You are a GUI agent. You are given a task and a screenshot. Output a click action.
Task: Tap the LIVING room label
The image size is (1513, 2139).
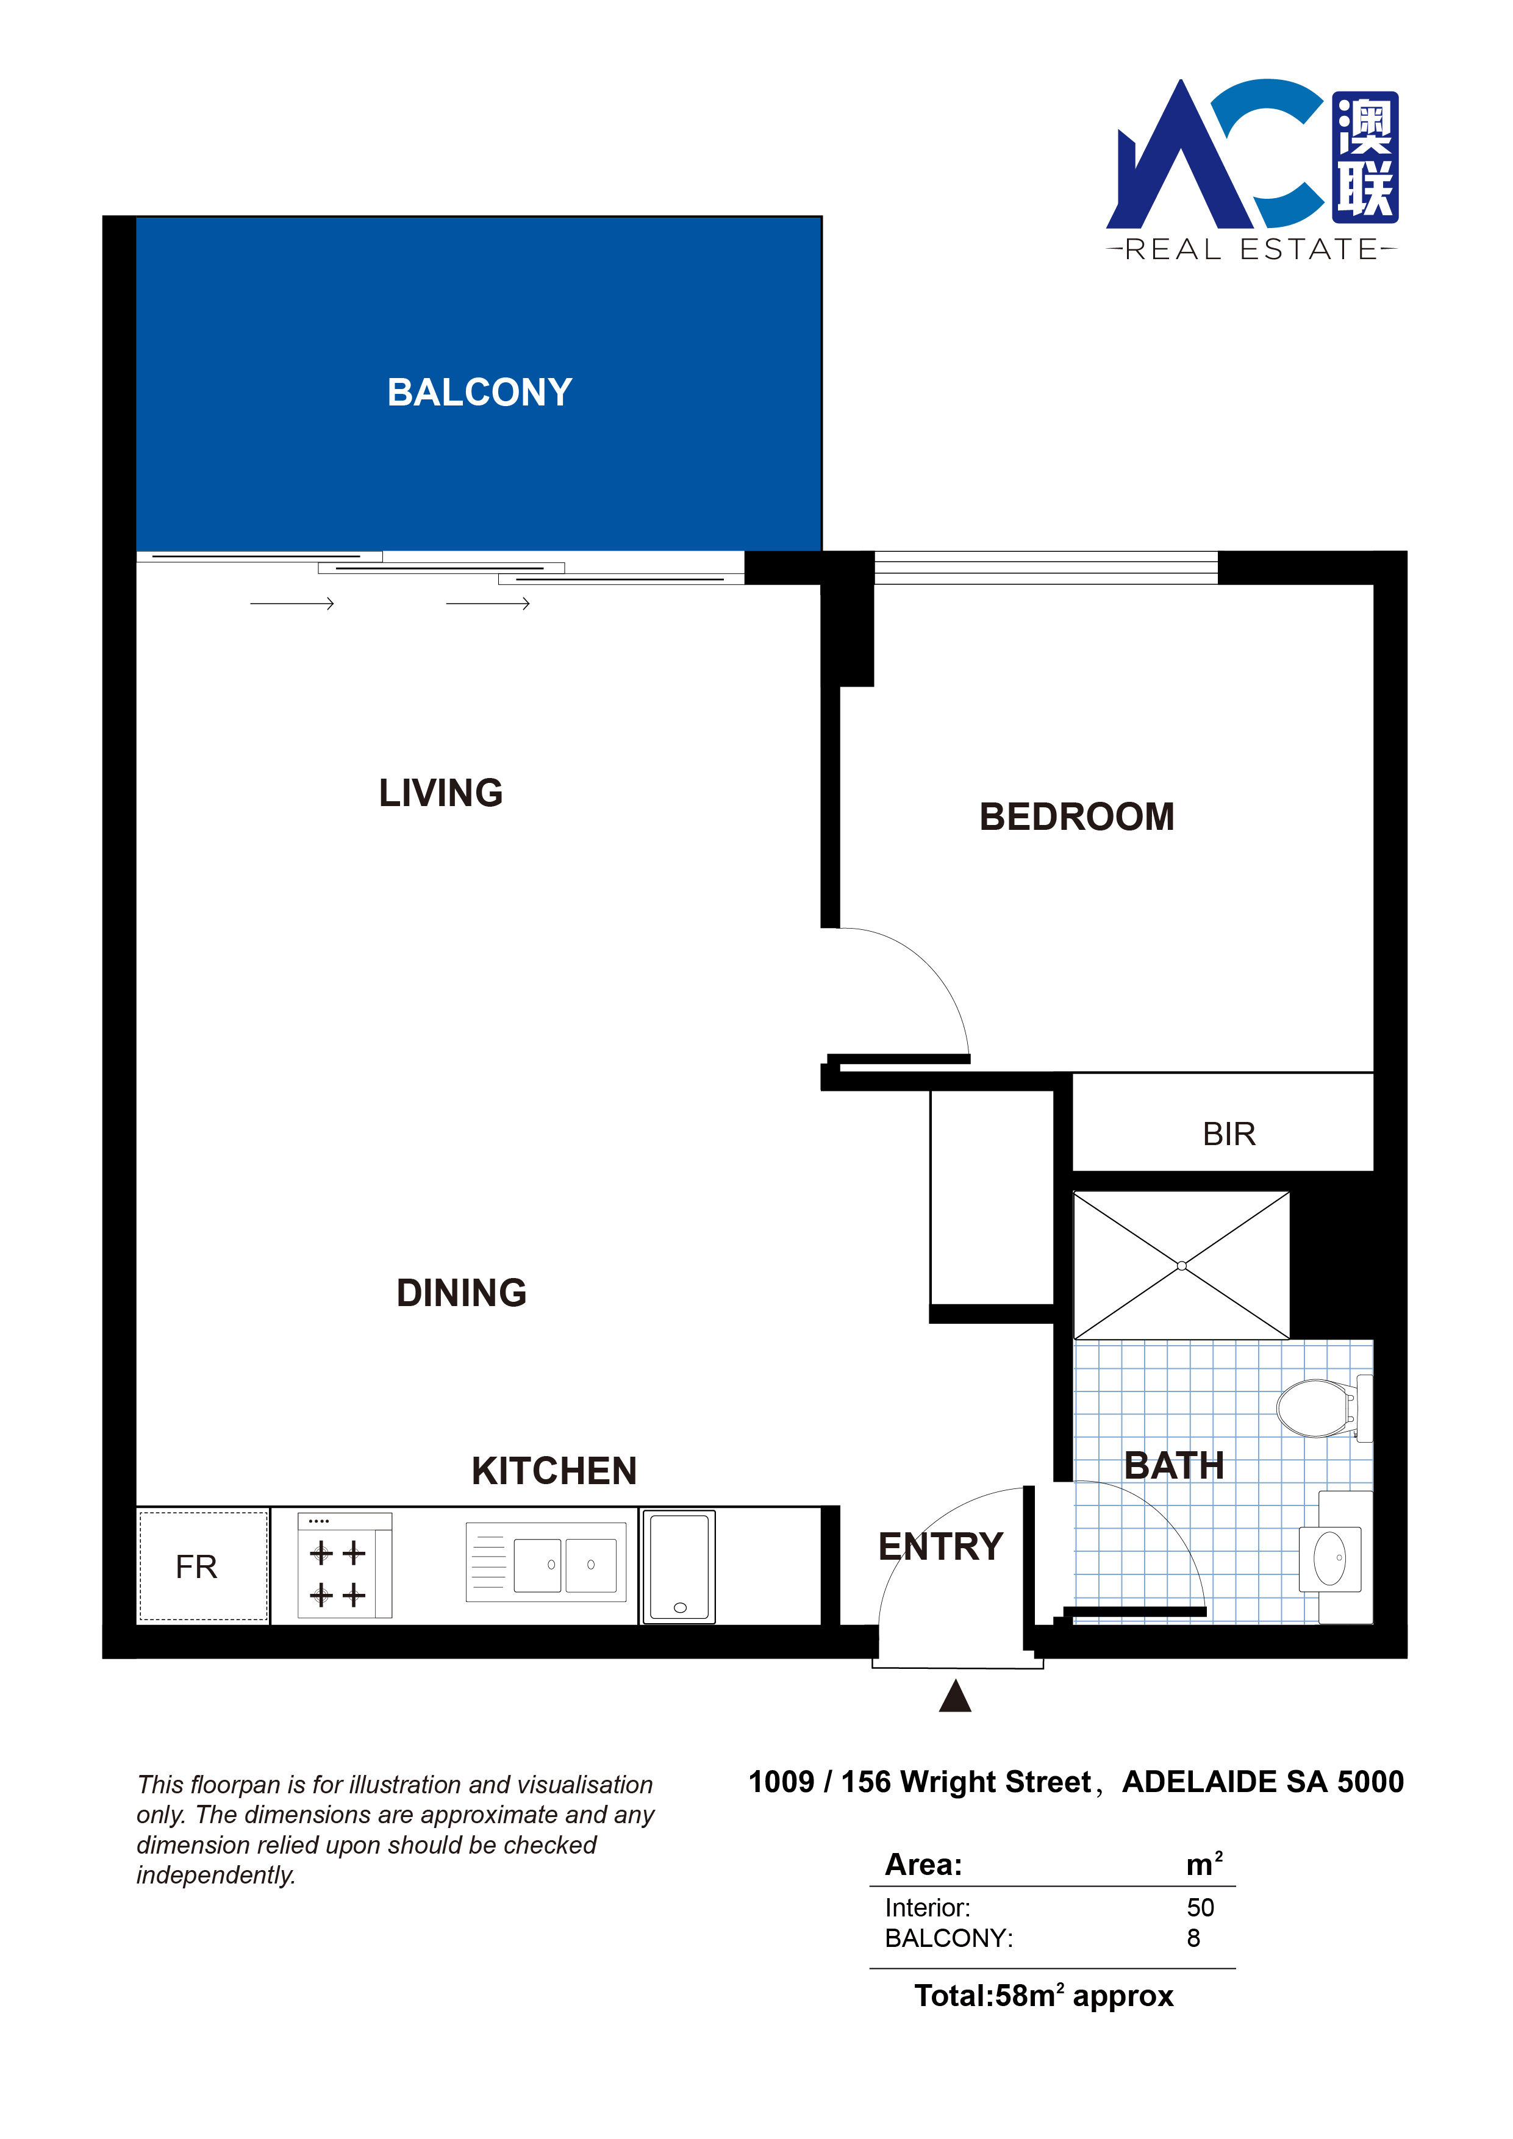(x=441, y=793)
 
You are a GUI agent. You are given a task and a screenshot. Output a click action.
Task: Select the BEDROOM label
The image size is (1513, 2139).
(x=1076, y=817)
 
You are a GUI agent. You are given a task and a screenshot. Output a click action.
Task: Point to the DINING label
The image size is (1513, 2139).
(x=461, y=1293)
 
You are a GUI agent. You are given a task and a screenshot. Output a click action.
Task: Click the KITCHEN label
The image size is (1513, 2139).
(x=554, y=1471)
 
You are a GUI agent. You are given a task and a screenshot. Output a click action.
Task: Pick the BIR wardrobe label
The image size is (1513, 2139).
(x=1229, y=1134)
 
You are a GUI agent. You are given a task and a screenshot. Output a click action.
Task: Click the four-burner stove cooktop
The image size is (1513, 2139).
(x=345, y=1565)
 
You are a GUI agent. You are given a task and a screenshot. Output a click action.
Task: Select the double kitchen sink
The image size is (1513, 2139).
(x=546, y=1562)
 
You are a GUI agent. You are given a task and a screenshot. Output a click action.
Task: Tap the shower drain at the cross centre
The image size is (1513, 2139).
(x=1181, y=1265)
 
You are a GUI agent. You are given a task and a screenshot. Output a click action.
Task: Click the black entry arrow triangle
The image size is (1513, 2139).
(x=955, y=1696)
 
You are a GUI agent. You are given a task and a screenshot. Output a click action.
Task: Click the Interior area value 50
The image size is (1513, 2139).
(x=1200, y=1907)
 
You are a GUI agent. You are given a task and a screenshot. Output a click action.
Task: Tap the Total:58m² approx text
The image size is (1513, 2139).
(x=1043, y=1996)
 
